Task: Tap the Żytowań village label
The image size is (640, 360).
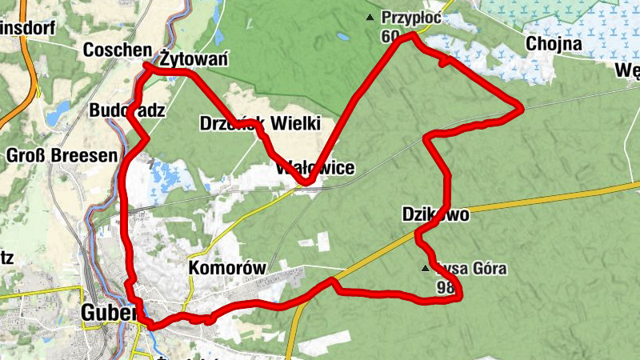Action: tap(194, 59)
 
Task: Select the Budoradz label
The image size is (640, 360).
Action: tap(128, 110)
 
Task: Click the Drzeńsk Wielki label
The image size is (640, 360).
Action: tap(259, 123)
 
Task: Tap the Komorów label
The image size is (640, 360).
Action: tap(226, 268)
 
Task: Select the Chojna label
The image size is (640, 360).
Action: tap(554, 43)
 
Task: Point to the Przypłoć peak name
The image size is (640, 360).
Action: tap(411, 17)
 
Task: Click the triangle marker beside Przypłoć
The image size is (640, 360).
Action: tap(370, 17)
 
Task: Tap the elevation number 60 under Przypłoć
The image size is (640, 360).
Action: tap(390, 36)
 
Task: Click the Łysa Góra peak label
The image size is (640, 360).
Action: tap(472, 269)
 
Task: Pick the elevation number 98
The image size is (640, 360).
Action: tap(446, 286)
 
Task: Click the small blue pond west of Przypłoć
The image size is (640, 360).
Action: tap(343, 36)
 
